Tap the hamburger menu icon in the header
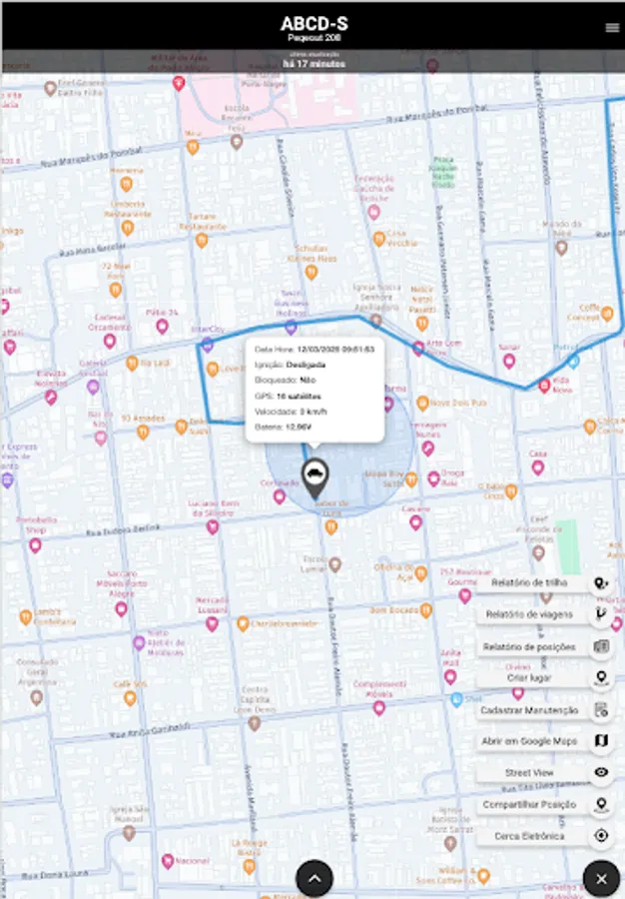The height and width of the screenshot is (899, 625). (x=612, y=28)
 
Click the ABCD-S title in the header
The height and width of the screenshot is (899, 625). (x=314, y=24)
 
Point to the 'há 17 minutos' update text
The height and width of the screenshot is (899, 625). (x=313, y=63)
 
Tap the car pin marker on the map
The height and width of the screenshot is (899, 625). (x=314, y=478)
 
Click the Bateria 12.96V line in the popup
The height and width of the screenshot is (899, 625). (x=283, y=427)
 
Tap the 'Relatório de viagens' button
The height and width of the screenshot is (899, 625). (x=530, y=614)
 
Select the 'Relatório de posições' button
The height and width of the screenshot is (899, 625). (x=530, y=647)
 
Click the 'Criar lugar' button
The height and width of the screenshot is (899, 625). (x=530, y=678)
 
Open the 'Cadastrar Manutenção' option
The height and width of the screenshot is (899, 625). (x=530, y=710)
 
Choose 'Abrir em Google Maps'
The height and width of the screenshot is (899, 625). (x=530, y=741)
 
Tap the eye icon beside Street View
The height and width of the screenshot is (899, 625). (x=601, y=772)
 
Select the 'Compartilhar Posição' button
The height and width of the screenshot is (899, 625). (x=530, y=804)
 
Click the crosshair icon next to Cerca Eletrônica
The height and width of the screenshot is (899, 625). (x=601, y=836)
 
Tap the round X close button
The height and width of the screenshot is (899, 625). (x=601, y=879)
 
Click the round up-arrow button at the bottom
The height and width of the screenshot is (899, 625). (x=314, y=879)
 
